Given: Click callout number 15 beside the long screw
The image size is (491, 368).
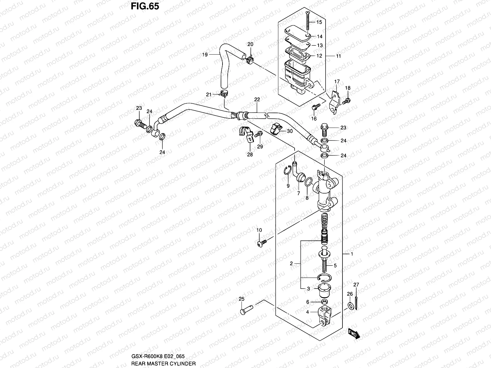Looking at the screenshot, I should (x=319, y=22).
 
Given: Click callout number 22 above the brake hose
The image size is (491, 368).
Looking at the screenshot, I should (x=257, y=99).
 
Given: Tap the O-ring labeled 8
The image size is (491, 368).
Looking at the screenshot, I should (x=308, y=183).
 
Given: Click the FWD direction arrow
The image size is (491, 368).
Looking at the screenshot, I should (x=353, y=334).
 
